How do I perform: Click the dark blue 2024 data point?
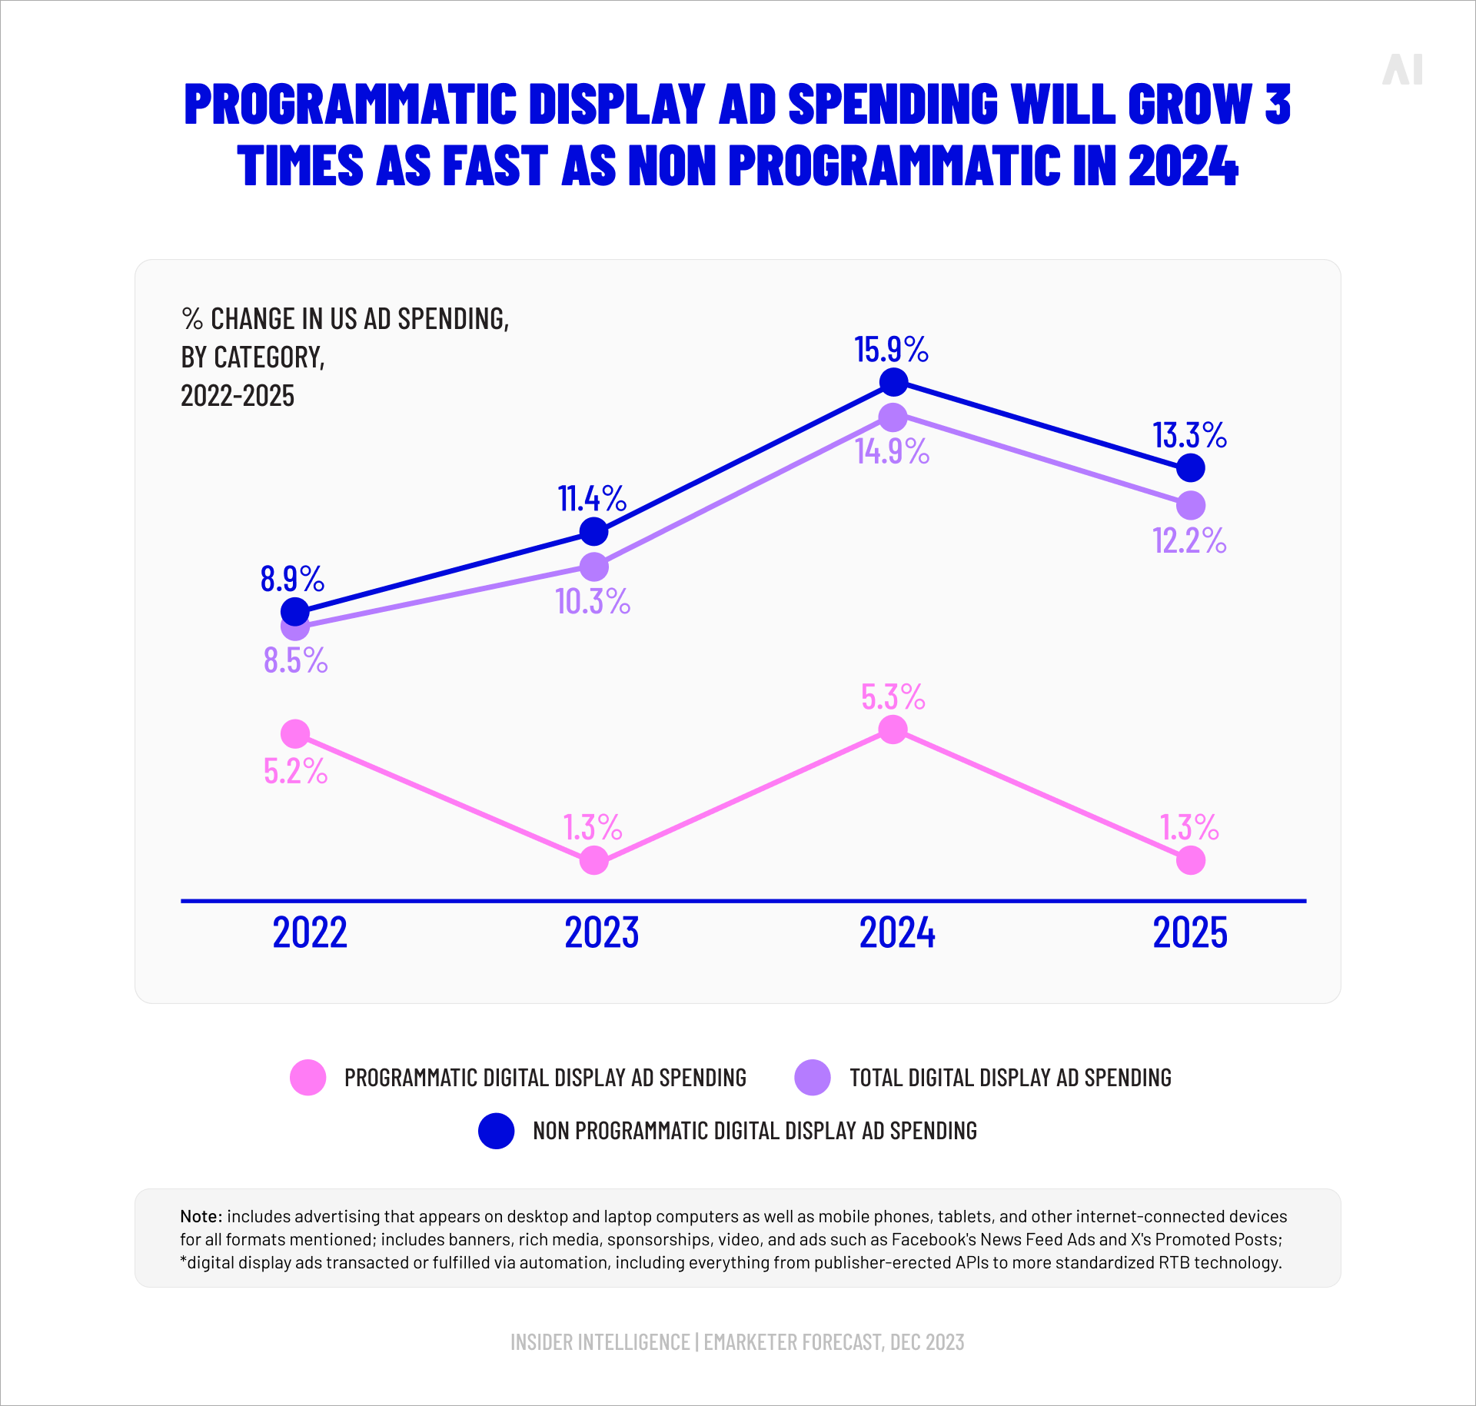[x=893, y=381]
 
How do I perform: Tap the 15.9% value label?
[x=891, y=350]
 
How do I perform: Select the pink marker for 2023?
[x=593, y=860]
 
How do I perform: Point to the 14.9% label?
[x=892, y=452]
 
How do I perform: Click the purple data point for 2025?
[x=1190, y=505]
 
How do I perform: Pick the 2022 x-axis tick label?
[x=310, y=932]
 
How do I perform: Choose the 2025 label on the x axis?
[x=1190, y=932]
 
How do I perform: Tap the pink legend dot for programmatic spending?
[x=308, y=1077]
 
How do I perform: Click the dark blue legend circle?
[x=496, y=1131]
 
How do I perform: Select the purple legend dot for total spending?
[x=813, y=1077]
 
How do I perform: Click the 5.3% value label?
[x=893, y=697]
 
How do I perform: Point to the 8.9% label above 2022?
[x=292, y=579]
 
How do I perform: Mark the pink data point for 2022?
[x=295, y=734]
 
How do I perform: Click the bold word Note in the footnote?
[x=201, y=1216]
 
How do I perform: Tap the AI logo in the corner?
[x=1402, y=70]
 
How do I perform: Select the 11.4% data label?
[x=591, y=499]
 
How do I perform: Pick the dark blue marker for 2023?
[x=593, y=531]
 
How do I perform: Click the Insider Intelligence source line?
[x=737, y=1342]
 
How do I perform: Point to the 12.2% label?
[x=1189, y=541]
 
